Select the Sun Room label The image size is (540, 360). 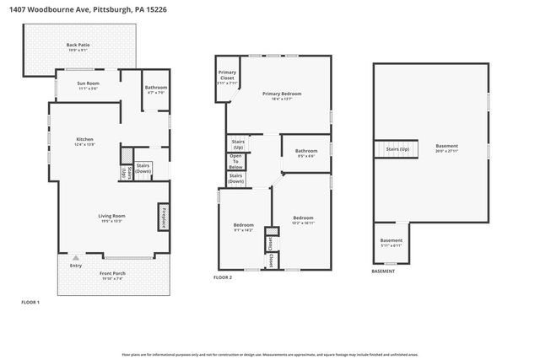88,85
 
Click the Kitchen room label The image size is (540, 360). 84,141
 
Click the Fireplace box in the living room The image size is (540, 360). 164,217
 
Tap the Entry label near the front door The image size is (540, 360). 77,266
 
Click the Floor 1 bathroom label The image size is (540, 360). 156,89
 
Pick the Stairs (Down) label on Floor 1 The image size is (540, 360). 143,167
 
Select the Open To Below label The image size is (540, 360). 236,162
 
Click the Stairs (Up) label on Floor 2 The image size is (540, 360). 238,144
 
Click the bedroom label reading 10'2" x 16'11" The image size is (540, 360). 303,221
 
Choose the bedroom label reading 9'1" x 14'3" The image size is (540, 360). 243,228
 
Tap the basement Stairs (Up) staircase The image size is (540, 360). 397,149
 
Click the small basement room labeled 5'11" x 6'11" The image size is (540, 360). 391,242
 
